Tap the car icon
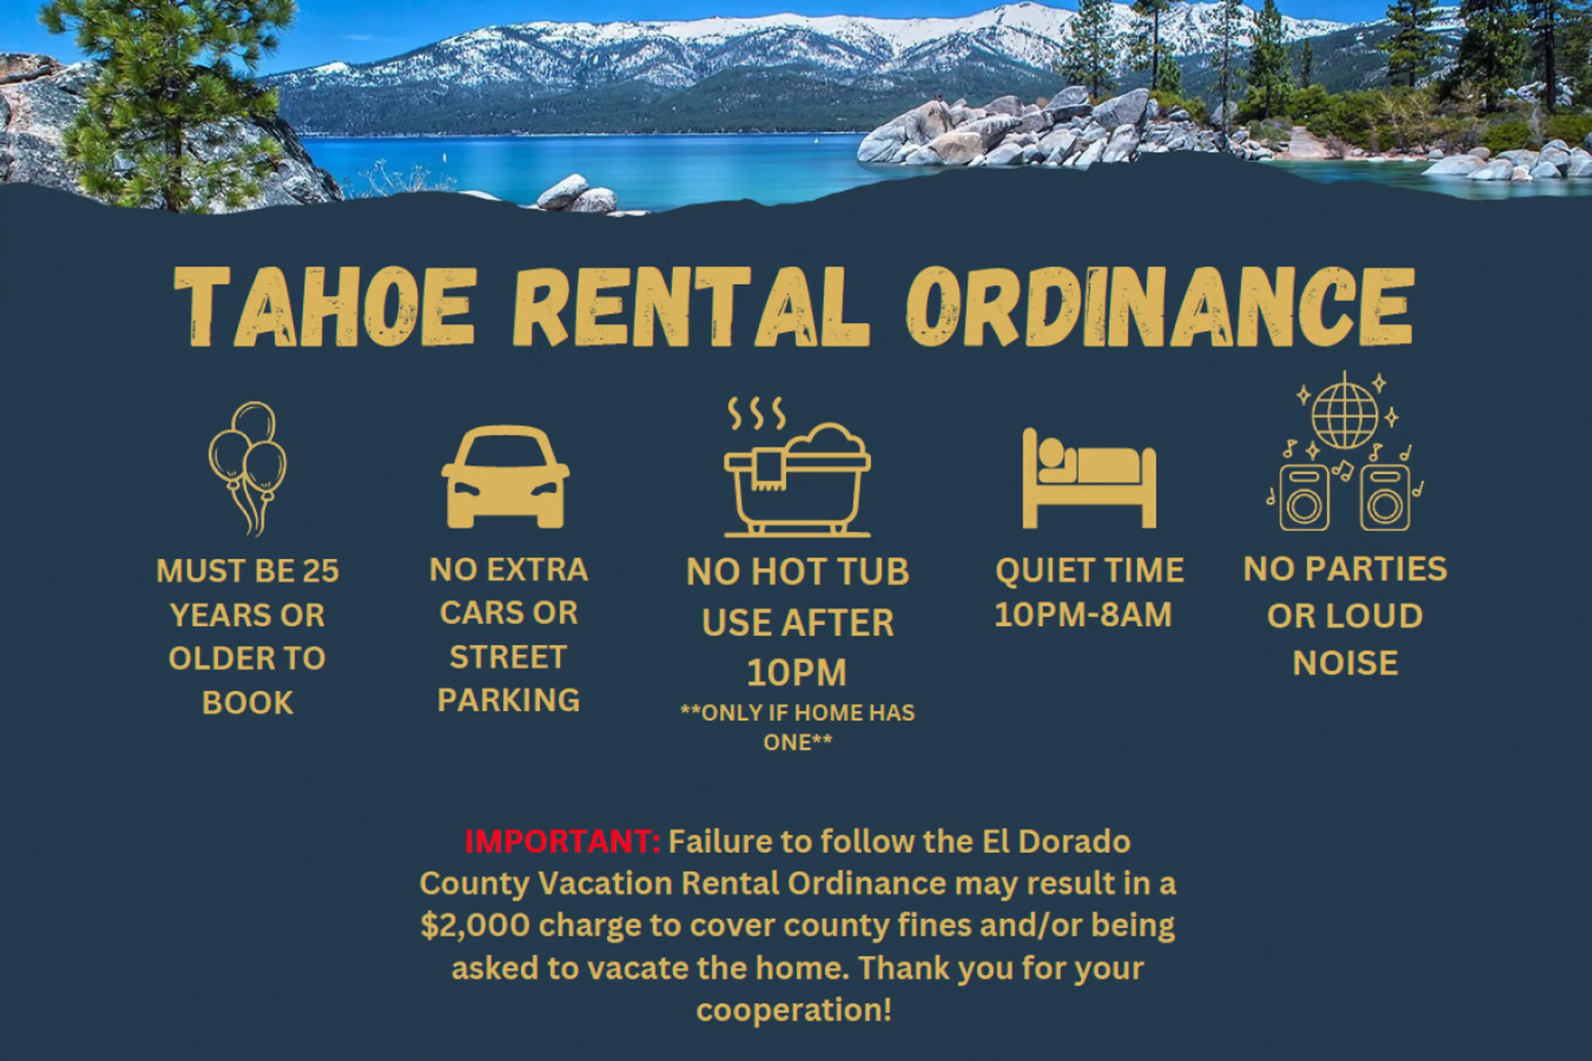(505, 476)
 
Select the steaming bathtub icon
(797, 467)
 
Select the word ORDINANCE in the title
(1160, 307)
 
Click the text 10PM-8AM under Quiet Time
(1083, 614)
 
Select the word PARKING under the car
(509, 700)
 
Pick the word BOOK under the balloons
(248, 702)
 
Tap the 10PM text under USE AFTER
(797, 673)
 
